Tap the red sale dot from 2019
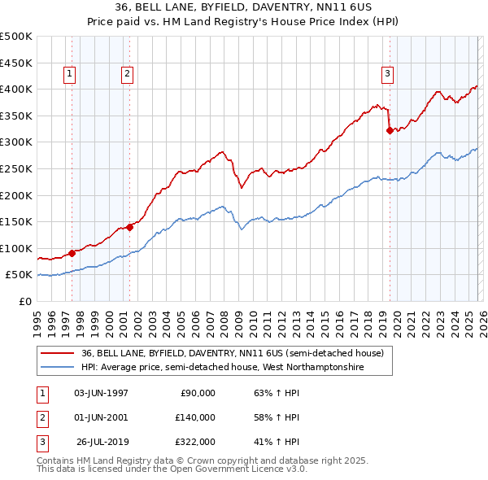pyautogui.click(x=390, y=129)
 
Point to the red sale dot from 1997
pyautogui.click(x=72, y=253)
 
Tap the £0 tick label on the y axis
pyautogui.click(x=24, y=301)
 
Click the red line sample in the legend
pyautogui.click(x=58, y=354)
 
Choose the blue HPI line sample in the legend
pyautogui.click(x=58, y=368)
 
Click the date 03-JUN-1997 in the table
pyautogui.click(x=101, y=393)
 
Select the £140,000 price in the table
pyautogui.click(x=196, y=417)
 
